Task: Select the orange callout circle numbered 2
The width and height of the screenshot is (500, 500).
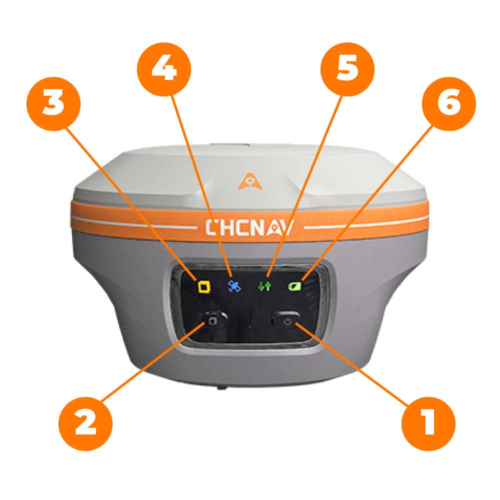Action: click(x=85, y=424)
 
